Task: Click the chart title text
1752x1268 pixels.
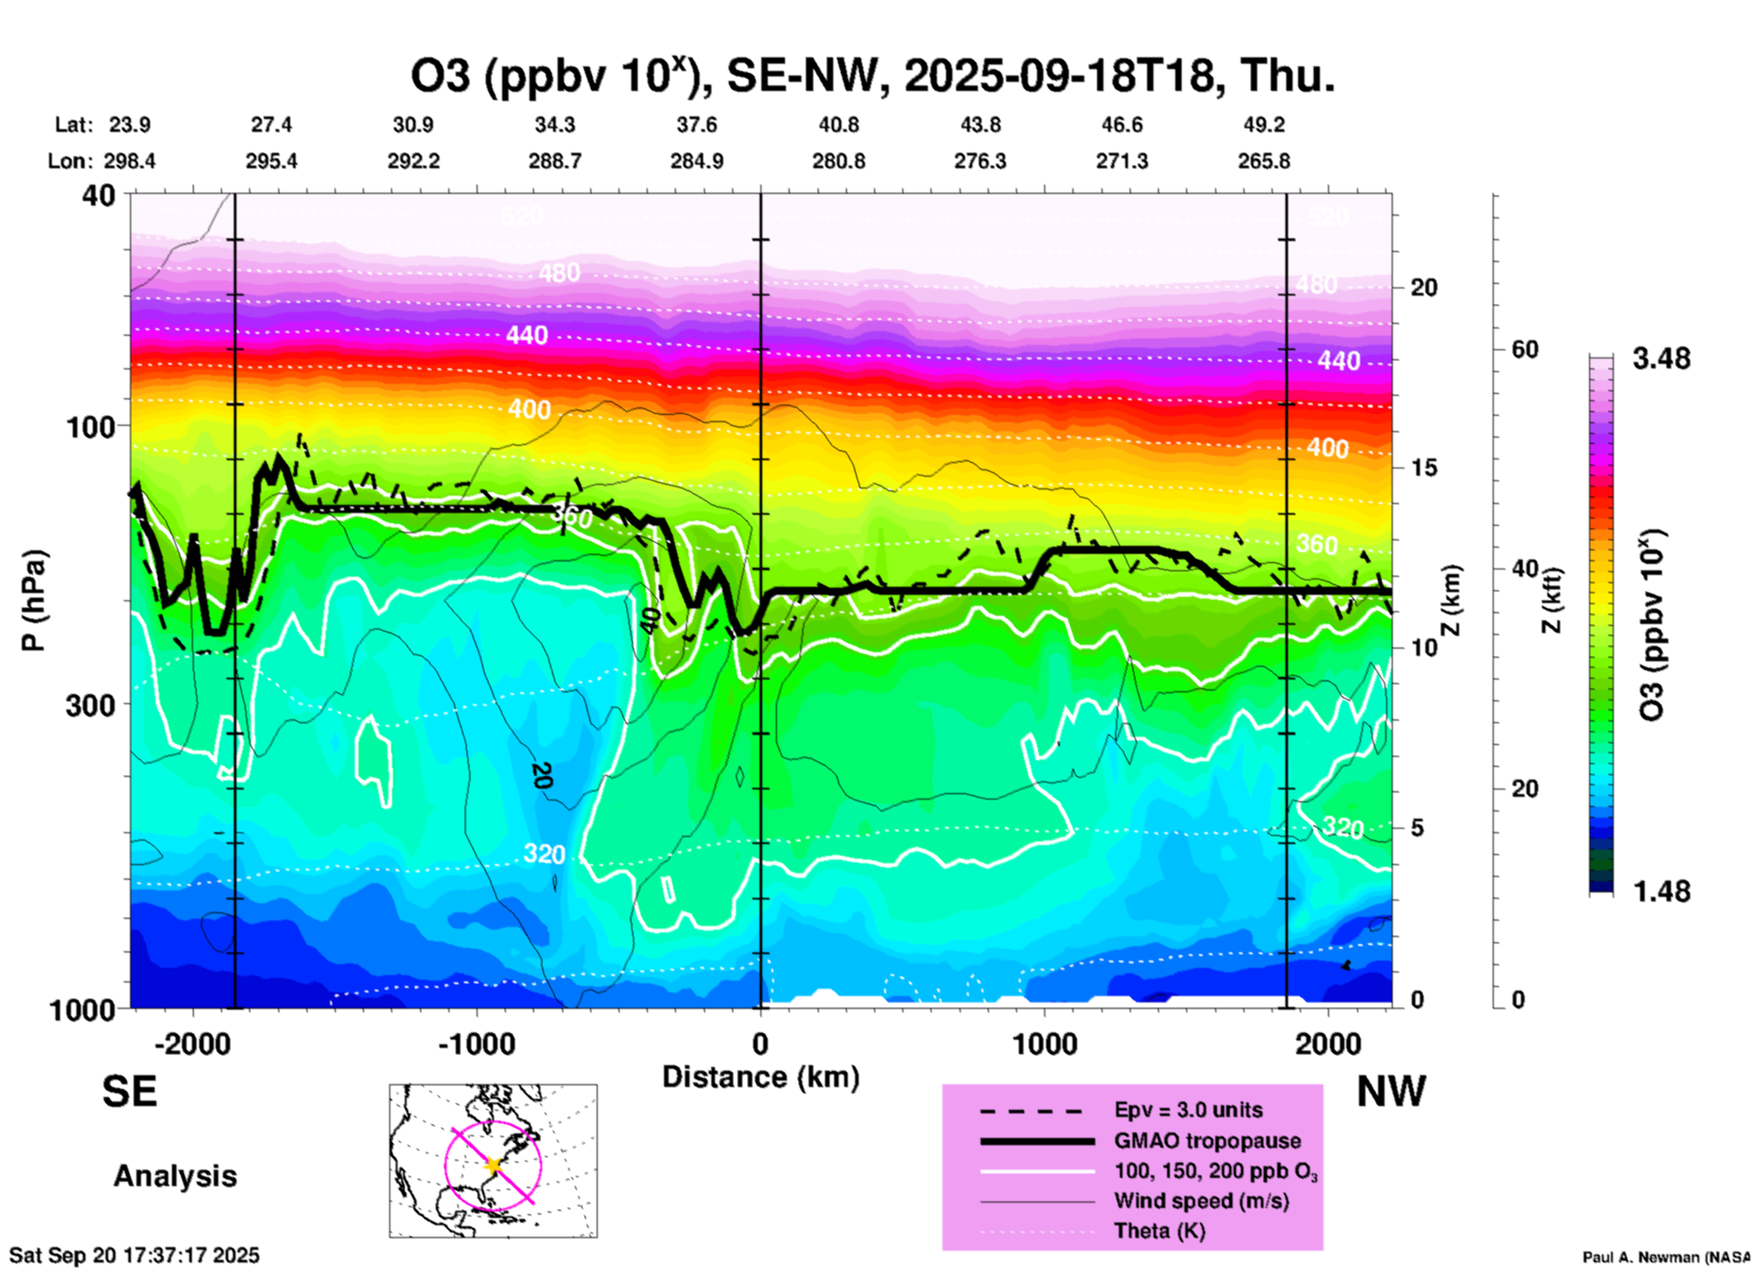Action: [x=872, y=76]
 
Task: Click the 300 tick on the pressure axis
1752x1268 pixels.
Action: [x=92, y=705]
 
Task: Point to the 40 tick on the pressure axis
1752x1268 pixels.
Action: [x=100, y=195]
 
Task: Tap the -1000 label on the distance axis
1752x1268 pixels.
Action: [x=477, y=1044]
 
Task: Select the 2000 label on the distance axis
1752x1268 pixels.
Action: [x=1328, y=1044]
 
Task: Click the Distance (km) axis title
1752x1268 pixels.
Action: [x=760, y=1077]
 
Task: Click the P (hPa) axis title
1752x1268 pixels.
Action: [x=34, y=600]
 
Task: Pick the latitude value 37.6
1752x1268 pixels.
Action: [x=697, y=125]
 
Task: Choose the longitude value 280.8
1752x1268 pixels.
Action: [x=839, y=162]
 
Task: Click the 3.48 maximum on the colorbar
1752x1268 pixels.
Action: [x=1661, y=359]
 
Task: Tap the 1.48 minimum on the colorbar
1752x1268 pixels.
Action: [x=1661, y=891]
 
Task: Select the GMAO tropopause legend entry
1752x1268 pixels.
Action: [x=1207, y=1141]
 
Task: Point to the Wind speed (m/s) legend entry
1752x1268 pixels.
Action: [x=1201, y=1202]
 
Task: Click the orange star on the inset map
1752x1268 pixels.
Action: [x=493, y=1165]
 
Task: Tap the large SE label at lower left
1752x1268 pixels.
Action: [x=129, y=1092]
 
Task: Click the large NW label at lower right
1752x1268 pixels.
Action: [x=1391, y=1092]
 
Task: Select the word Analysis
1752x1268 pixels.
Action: [x=175, y=1176]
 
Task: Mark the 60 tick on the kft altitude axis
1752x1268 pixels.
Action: [x=1525, y=349]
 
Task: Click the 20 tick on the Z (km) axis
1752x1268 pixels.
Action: [x=1424, y=288]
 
